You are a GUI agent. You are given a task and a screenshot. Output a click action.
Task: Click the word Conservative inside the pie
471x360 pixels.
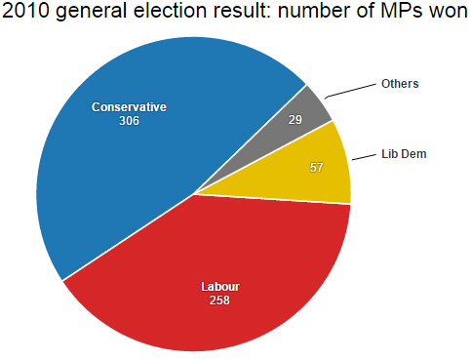[x=130, y=106]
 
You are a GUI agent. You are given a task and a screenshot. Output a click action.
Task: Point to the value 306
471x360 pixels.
[x=130, y=121]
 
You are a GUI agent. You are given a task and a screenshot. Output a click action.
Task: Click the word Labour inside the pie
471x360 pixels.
[x=219, y=286]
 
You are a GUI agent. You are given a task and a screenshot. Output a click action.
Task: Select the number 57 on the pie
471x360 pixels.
[x=316, y=167]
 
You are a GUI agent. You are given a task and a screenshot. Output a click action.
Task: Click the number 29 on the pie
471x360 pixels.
[x=294, y=119]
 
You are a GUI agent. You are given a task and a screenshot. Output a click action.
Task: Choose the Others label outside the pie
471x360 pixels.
[x=400, y=84]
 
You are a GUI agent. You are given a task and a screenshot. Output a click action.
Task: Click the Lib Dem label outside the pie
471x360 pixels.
[x=403, y=154]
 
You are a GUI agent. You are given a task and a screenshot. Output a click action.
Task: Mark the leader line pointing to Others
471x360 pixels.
[x=351, y=90]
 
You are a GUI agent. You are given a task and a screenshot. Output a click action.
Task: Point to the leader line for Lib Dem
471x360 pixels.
[x=364, y=157]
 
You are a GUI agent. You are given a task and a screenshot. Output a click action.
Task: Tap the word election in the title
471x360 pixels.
[x=169, y=15]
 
